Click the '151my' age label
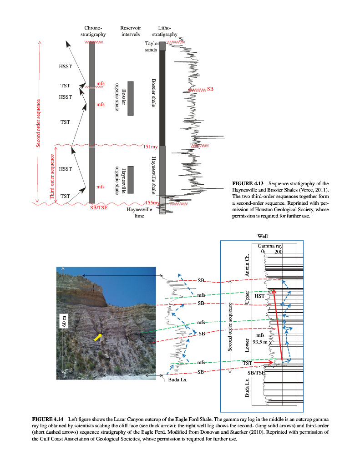coord(151,147)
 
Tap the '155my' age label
coord(152,203)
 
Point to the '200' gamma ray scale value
coord(279,252)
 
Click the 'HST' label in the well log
coord(259,296)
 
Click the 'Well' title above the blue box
coord(262,236)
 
